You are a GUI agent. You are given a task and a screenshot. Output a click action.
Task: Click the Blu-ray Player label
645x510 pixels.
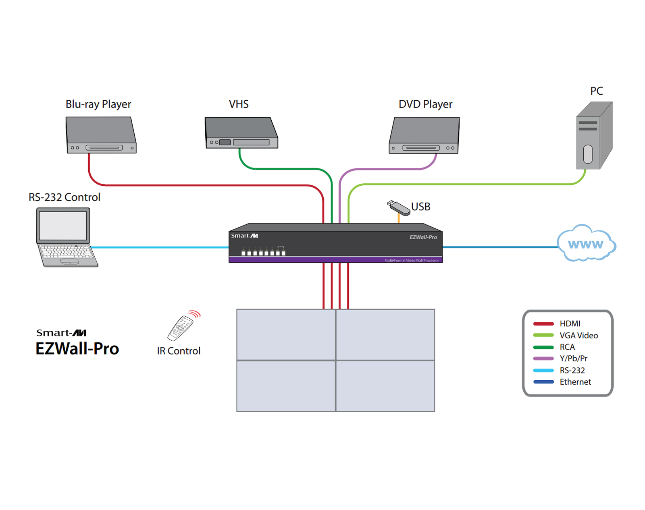coord(98,104)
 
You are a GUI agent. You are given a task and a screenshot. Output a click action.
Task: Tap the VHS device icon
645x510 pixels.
coord(241,133)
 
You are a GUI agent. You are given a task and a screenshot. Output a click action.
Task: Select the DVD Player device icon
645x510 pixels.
coord(424,135)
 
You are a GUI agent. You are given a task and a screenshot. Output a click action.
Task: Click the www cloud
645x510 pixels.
coord(586,244)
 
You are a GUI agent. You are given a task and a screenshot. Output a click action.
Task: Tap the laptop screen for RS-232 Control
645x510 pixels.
coord(63,226)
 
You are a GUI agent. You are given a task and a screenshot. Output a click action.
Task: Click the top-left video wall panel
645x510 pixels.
coord(286,334)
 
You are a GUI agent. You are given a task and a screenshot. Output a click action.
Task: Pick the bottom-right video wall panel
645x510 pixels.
coord(385,386)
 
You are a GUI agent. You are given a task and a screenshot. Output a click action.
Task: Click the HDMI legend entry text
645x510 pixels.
coord(570,323)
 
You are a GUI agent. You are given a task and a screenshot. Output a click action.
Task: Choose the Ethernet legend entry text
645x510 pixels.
coord(575,382)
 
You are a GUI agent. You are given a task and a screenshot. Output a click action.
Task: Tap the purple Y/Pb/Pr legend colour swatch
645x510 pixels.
coord(543,359)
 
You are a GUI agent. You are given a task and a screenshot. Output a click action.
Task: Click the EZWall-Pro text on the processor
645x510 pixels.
coord(423,237)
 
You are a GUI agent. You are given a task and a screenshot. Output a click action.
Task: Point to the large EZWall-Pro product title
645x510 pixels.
coord(77,349)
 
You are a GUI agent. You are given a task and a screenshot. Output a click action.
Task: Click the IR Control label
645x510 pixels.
coord(179,351)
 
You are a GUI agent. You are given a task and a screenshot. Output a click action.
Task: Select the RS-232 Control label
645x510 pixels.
coord(64,197)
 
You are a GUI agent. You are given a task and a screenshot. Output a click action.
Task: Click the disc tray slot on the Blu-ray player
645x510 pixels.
coord(104,148)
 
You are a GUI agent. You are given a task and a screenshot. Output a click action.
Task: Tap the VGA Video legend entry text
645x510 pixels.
coord(578,336)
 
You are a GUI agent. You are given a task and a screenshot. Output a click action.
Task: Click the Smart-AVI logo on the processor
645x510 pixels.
coord(244,236)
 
